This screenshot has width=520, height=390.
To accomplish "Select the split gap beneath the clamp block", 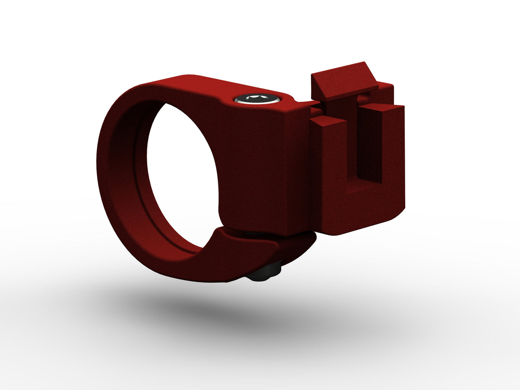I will pos(264,234).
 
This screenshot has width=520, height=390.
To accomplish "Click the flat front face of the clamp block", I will pos(264,165).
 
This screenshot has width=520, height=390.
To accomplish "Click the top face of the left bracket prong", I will pos(327,123).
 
